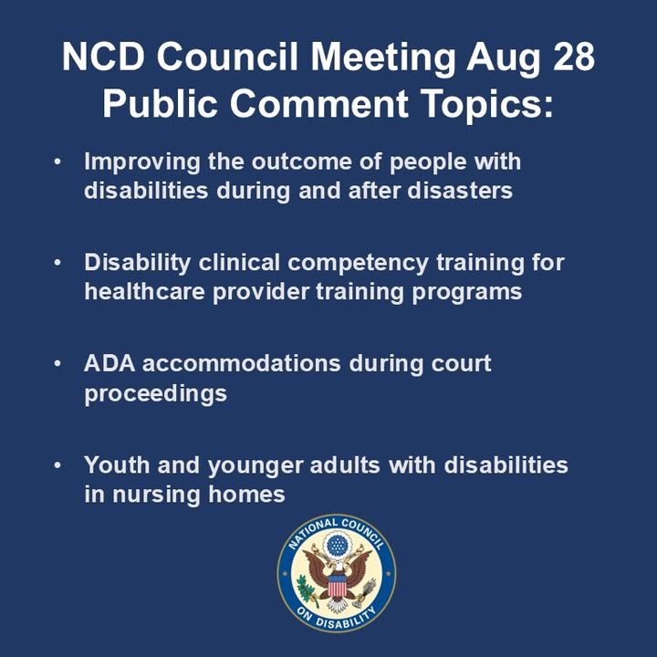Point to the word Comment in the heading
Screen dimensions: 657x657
click(321, 103)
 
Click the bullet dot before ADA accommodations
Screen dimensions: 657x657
click(58, 363)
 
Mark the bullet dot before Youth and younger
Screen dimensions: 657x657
click(58, 465)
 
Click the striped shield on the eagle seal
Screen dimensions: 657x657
click(337, 583)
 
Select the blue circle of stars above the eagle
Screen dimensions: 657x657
click(337, 546)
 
